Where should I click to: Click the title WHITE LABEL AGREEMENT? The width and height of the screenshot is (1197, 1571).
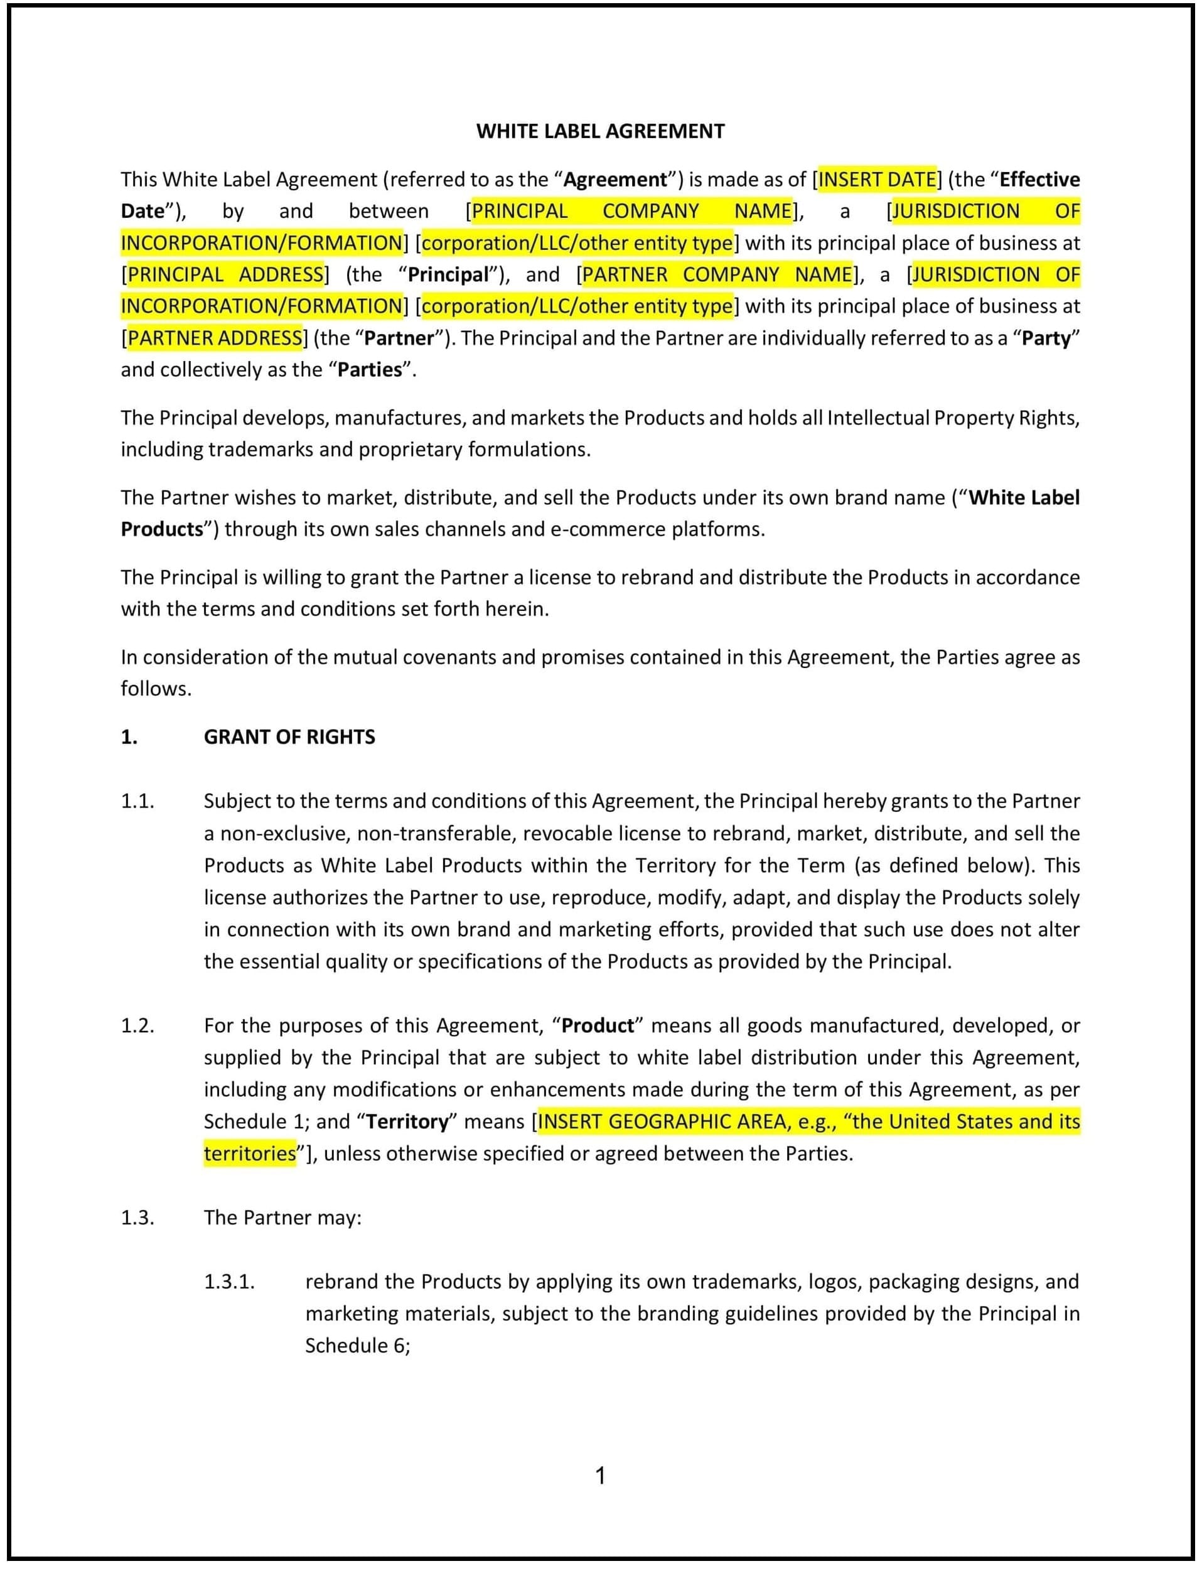pyautogui.click(x=600, y=131)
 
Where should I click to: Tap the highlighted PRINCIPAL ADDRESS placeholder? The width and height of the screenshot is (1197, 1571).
pyautogui.click(x=225, y=274)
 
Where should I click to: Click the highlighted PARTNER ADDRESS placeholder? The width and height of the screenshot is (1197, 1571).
pyautogui.click(x=215, y=338)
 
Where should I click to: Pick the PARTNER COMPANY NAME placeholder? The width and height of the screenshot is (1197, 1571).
pyautogui.click(x=717, y=274)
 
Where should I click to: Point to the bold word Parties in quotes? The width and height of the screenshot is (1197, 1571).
pyautogui.click(x=370, y=370)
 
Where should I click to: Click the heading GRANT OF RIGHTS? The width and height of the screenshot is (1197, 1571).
pyautogui.click(x=289, y=737)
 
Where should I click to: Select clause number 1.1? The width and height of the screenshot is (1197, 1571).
pyautogui.click(x=137, y=801)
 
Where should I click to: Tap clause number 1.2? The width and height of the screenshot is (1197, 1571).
pyautogui.click(x=137, y=1026)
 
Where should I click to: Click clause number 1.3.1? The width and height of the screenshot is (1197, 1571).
pyautogui.click(x=230, y=1282)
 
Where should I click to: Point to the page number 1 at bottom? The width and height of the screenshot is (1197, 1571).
pyautogui.click(x=600, y=1476)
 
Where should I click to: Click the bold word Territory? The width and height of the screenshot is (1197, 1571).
pyautogui.click(x=407, y=1122)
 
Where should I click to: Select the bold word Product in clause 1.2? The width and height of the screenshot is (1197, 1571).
pyautogui.click(x=597, y=1026)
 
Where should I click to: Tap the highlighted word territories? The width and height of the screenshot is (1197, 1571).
pyautogui.click(x=249, y=1154)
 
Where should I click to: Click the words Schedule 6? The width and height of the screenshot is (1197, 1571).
pyautogui.click(x=358, y=1346)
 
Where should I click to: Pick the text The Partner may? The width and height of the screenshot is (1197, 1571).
pyautogui.click(x=283, y=1217)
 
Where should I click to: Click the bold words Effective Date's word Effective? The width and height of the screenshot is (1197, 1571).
pyautogui.click(x=1039, y=179)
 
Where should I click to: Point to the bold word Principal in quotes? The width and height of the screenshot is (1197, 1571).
pyautogui.click(x=448, y=274)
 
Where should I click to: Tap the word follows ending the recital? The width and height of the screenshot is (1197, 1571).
pyautogui.click(x=154, y=689)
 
